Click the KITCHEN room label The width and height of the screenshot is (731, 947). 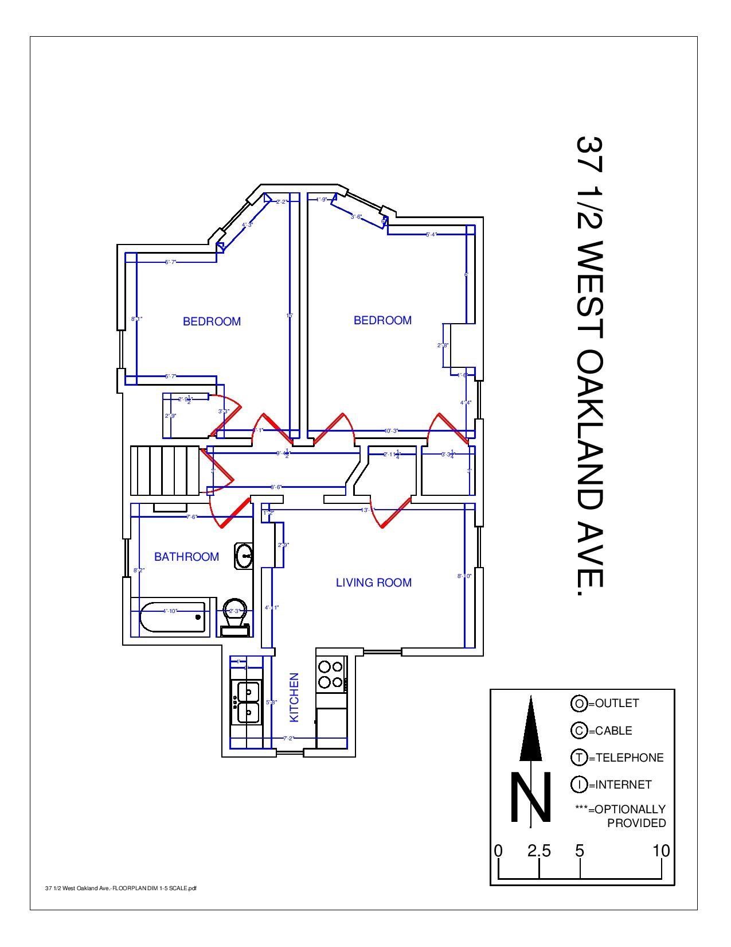coord(294,697)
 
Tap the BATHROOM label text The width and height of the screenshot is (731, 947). coord(186,557)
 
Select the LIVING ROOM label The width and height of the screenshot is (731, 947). coord(373,583)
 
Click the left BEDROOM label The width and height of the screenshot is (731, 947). coord(212,321)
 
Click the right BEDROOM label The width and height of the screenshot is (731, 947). coord(382,320)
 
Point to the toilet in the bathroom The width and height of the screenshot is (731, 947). coord(235,617)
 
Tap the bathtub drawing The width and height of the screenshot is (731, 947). coord(172,618)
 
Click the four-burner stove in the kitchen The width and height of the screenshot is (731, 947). coord(331,674)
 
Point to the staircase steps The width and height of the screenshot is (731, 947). coord(165,470)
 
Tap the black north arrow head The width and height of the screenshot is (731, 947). coord(531,729)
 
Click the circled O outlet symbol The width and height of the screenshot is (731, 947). coord(578,703)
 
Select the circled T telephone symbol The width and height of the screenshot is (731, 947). coord(578,758)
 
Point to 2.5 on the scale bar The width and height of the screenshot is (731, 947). coord(539,851)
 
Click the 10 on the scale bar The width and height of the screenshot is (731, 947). coord(661,851)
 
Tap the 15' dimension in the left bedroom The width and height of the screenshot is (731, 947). coord(290,315)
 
